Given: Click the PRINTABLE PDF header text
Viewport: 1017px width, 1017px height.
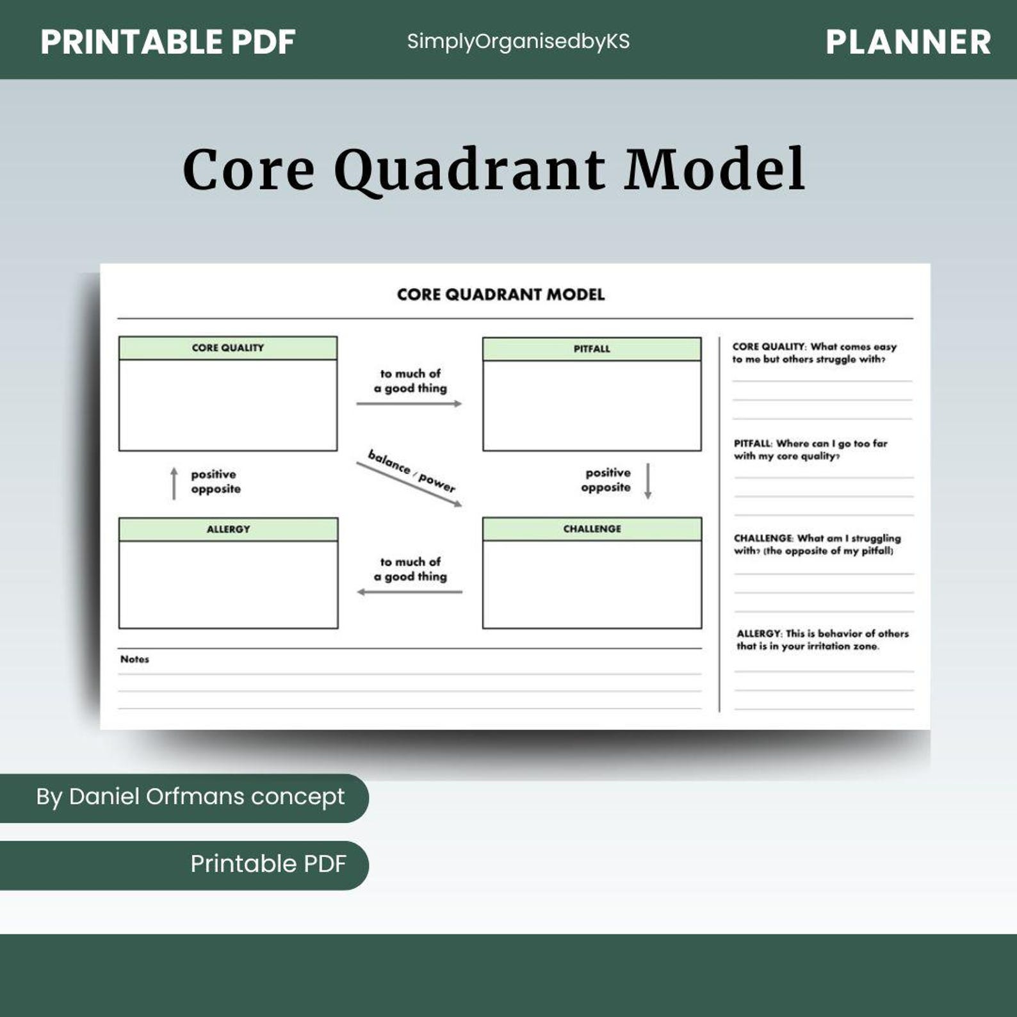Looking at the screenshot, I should point(168,42).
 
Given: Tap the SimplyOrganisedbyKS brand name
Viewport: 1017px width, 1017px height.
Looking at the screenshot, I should point(518,42).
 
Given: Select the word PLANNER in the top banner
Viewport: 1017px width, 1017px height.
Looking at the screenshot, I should point(908,42).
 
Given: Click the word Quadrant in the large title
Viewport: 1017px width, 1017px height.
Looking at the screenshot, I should point(469,170).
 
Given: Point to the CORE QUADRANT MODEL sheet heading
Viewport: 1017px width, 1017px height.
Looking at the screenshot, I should point(501,295).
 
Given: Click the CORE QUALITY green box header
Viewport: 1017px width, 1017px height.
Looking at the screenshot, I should point(228,348).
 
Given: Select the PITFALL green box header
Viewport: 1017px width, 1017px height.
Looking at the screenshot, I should point(592,349).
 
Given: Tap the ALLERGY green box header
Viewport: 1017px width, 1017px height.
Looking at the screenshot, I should point(228,529).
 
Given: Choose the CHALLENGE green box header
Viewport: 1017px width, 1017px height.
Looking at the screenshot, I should point(592,529).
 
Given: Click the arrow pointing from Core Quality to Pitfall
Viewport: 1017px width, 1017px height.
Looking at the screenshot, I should point(409,403).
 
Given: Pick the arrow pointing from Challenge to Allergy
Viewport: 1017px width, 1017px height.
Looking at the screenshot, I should point(409,592).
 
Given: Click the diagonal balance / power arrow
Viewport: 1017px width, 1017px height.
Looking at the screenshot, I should point(409,484).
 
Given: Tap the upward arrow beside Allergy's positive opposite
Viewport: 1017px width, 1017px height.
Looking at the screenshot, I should point(174,484).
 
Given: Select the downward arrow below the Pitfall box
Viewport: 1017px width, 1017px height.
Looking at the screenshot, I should point(647,481).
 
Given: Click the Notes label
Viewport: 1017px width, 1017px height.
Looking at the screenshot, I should point(134,659).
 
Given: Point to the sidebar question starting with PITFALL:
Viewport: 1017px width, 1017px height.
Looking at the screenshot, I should point(810,450).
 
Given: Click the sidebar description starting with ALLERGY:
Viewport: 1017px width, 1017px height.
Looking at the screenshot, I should point(822,640).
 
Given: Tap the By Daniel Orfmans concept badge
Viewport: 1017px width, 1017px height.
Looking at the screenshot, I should point(190,797).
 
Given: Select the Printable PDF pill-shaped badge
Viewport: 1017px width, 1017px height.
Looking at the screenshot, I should point(268,865).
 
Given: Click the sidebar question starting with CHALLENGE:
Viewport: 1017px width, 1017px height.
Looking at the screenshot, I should point(817,544).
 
